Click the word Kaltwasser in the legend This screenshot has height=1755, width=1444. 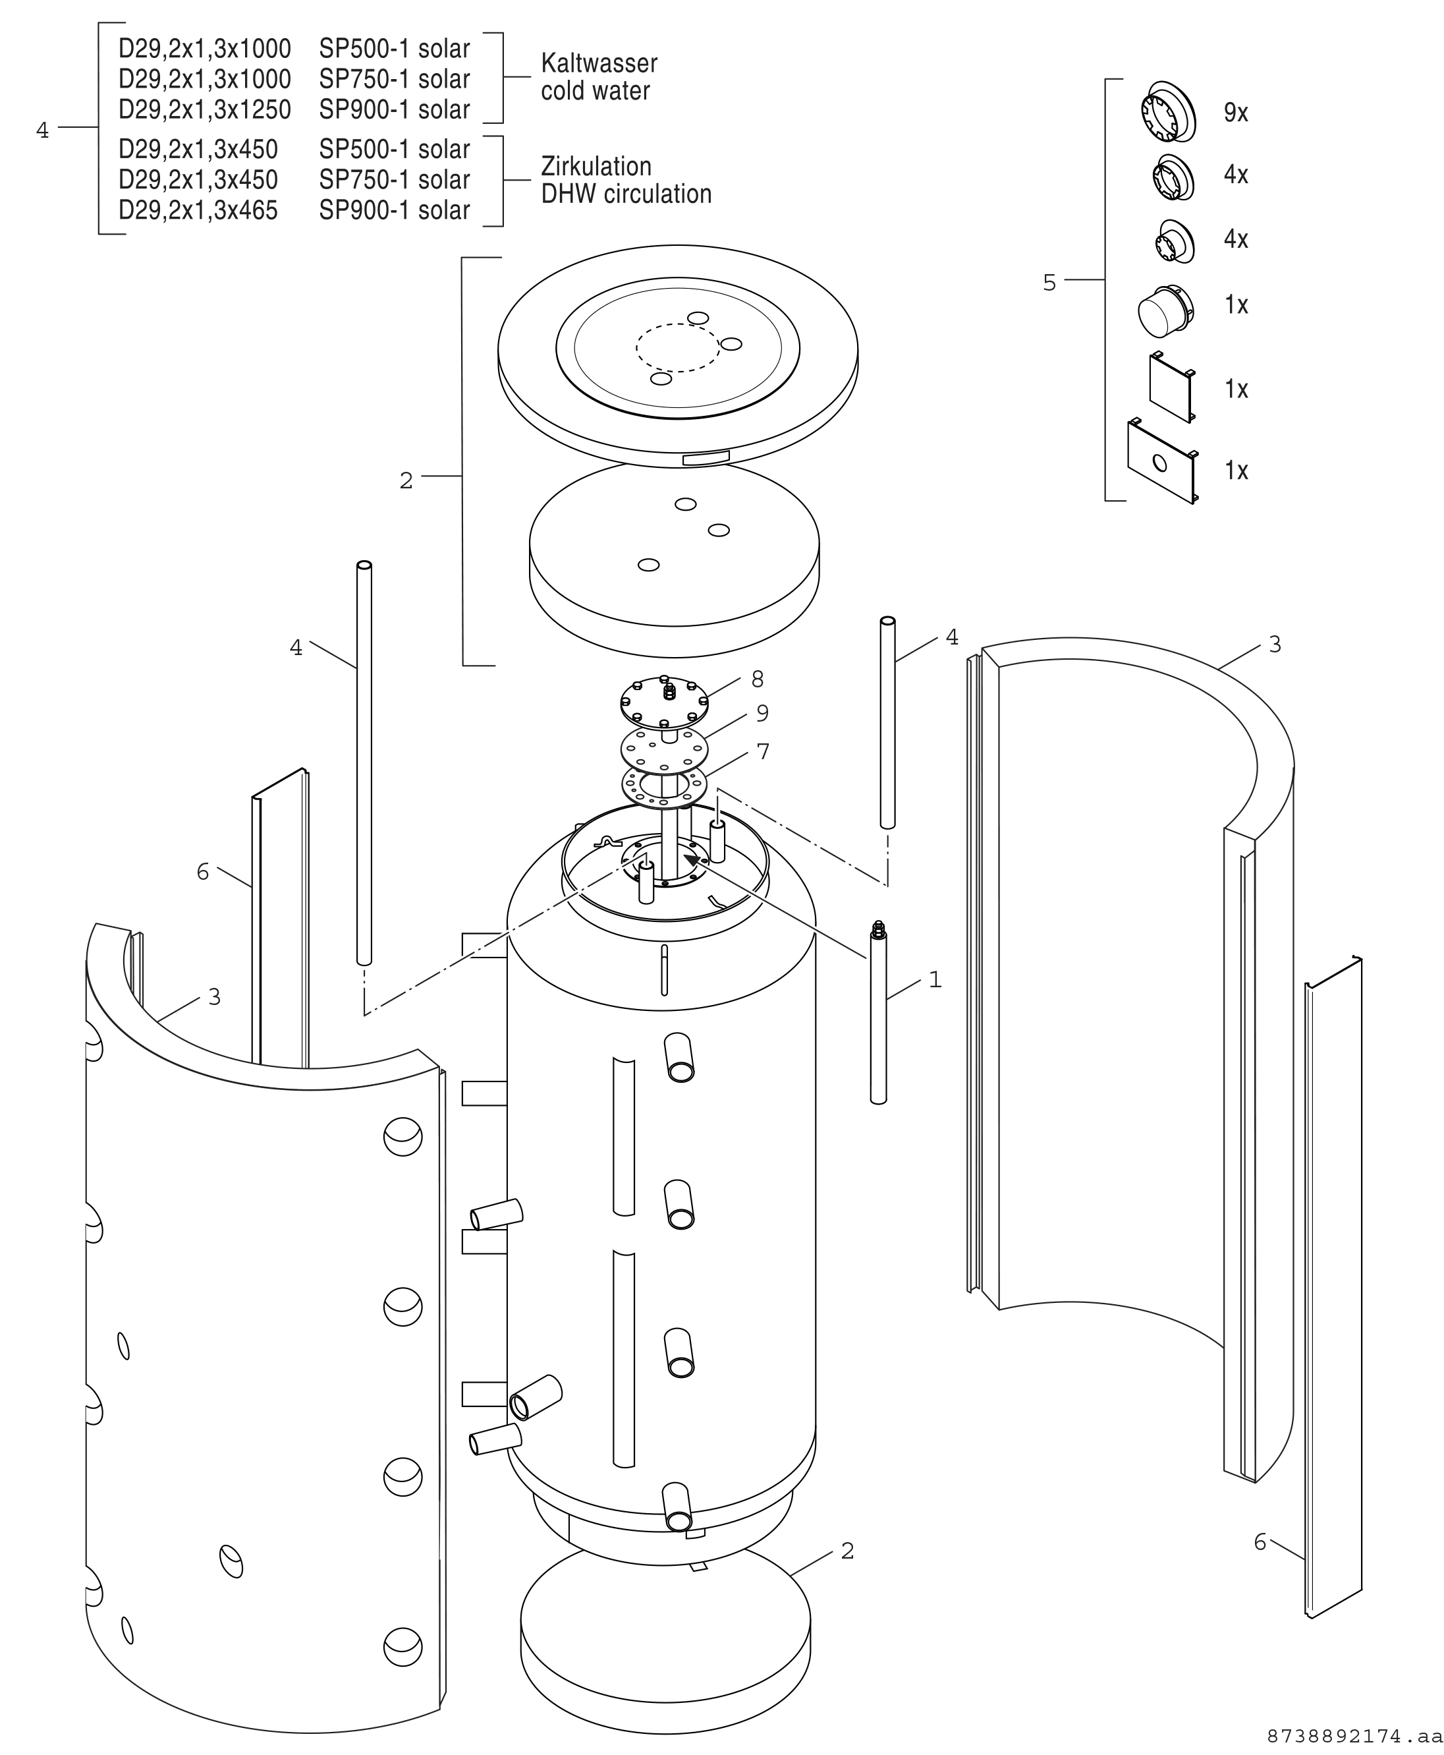click(x=599, y=63)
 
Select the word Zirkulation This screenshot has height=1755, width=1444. click(x=596, y=167)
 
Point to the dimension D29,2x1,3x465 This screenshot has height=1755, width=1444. click(x=198, y=210)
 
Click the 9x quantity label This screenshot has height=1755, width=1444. click(x=1235, y=112)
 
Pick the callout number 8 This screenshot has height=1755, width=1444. click(x=757, y=680)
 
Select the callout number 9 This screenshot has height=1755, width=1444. click(x=762, y=713)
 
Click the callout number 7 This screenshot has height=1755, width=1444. click(x=763, y=751)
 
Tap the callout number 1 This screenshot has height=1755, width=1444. click(x=935, y=979)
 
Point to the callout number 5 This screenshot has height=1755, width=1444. click(x=1049, y=283)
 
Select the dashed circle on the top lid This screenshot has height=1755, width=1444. click(x=678, y=347)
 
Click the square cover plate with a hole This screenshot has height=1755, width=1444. click(x=1162, y=461)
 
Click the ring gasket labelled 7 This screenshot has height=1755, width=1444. click(x=664, y=786)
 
